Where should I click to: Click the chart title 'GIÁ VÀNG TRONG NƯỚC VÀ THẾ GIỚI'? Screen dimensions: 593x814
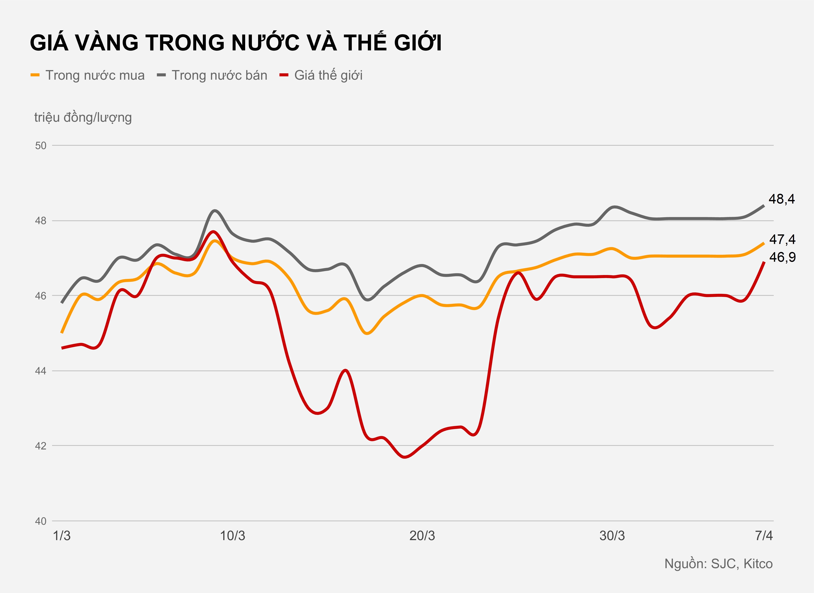(x=235, y=43)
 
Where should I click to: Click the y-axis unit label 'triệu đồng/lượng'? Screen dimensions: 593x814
(x=83, y=117)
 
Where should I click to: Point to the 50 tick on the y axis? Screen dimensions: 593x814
(x=41, y=145)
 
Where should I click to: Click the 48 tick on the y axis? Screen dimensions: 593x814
(x=41, y=221)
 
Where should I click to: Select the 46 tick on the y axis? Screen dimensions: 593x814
(x=41, y=296)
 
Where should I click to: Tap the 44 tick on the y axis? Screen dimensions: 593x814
(x=41, y=371)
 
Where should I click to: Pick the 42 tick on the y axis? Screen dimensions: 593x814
(x=41, y=446)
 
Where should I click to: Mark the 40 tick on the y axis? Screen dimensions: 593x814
(x=41, y=521)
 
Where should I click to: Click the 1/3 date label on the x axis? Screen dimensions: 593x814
(x=62, y=536)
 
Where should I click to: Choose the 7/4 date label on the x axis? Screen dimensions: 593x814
(x=764, y=536)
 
